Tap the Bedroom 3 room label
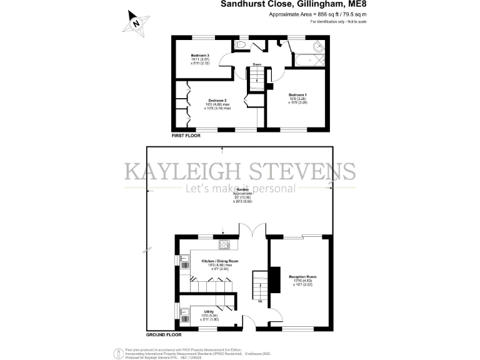[200, 56]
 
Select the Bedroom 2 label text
[217, 100]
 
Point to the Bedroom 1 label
[297, 95]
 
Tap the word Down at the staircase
[257, 64]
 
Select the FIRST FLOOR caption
[189, 134]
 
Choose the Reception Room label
[302, 276]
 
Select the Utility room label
[209, 311]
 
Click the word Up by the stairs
[260, 302]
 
